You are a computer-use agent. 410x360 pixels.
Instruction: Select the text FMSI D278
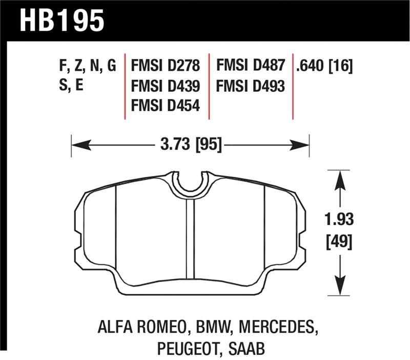pyautogui.click(x=165, y=66)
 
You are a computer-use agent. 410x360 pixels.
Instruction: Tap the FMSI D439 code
pyautogui.click(x=165, y=86)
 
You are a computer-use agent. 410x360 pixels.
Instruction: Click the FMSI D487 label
pyautogui.click(x=250, y=66)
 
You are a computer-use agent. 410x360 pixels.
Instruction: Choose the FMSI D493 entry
pyautogui.click(x=250, y=86)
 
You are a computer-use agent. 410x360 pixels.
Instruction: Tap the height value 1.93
pyautogui.click(x=338, y=221)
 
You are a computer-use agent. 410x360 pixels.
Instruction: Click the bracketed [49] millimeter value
pyautogui.click(x=338, y=241)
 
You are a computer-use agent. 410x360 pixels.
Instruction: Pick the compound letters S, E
pyautogui.click(x=71, y=86)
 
